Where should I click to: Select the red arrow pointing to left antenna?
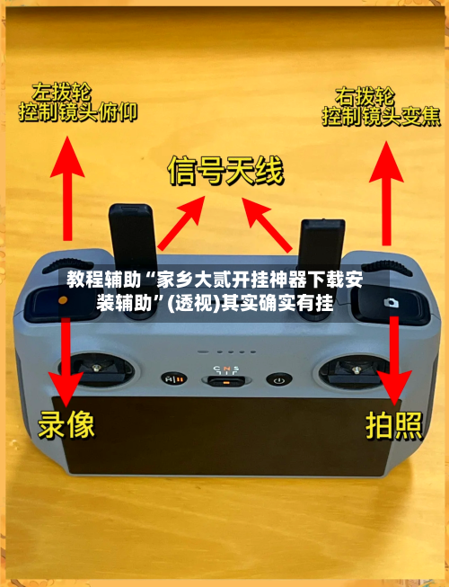[x=179, y=224]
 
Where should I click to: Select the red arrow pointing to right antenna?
[x=270, y=224]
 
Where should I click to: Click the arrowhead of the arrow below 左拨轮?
[x=66, y=152]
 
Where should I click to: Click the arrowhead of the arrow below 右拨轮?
[x=387, y=152]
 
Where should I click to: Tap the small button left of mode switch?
[x=170, y=379]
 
